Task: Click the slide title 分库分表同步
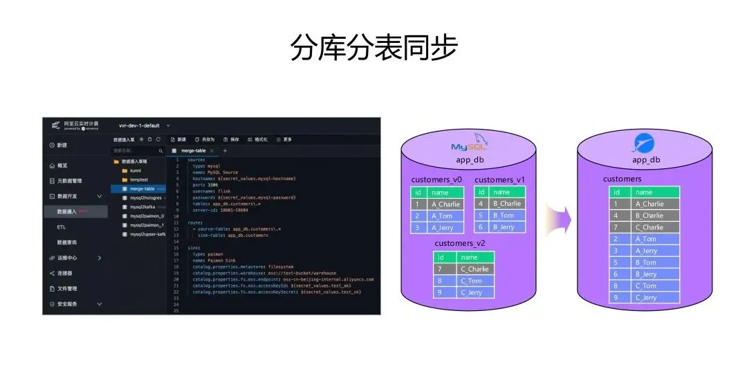pyautogui.click(x=373, y=48)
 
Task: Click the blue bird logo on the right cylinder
pyautogui.click(x=644, y=143)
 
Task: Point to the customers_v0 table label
pyautogui.click(x=436, y=180)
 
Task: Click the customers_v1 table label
pyautogui.click(x=500, y=180)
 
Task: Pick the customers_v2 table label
pyautogui.click(x=459, y=244)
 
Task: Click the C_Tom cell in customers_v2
pyautogui.click(x=474, y=281)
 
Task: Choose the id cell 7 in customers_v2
pyautogui.click(x=439, y=269)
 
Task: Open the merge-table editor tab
pyautogui.click(x=193, y=150)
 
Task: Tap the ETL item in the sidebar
pyautogui.click(x=62, y=227)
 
